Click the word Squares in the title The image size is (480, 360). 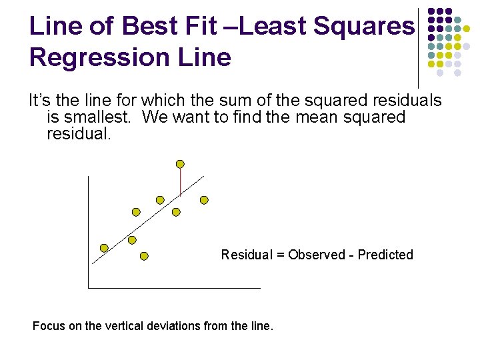[364, 27]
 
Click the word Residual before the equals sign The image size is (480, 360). [246, 255]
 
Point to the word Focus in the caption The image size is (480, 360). [48, 326]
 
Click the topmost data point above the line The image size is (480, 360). [180, 164]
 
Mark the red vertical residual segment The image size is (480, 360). [180, 182]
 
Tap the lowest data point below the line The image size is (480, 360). [144, 256]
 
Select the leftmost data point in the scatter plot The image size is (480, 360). [104, 247]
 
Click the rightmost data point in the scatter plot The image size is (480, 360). [204, 199]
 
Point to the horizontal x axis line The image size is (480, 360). [173, 287]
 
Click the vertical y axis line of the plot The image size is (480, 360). [87, 233]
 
